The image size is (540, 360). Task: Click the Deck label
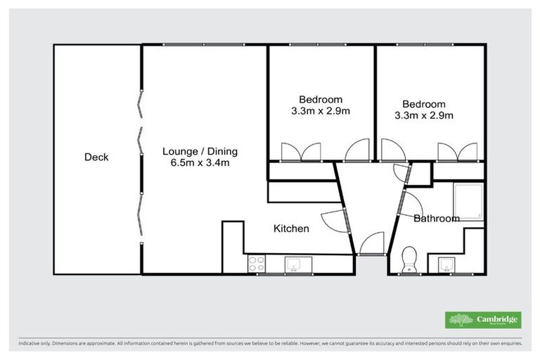point(96,157)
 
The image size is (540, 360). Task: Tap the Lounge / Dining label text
point(200,151)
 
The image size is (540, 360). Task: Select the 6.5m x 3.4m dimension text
point(200,163)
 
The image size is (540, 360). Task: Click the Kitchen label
point(291,229)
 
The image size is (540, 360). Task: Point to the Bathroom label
point(436,219)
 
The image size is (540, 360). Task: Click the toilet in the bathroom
point(408,259)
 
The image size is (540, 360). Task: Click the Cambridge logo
point(483,319)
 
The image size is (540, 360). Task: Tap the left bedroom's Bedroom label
point(321,99)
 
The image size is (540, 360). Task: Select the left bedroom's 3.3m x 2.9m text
point(321,111)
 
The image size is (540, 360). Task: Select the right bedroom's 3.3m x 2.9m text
point(424,116)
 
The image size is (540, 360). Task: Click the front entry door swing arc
point(370,244)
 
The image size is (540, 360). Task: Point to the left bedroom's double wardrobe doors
point(300,153)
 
